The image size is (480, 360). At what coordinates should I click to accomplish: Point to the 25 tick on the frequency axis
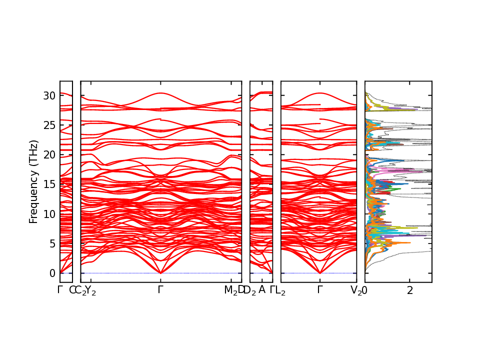49,124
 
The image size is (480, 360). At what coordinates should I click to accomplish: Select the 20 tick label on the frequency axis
49,154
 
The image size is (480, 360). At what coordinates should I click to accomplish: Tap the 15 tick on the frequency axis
49,184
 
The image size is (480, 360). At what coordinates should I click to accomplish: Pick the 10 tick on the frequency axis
49,214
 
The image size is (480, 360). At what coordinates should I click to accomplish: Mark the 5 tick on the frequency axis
51,243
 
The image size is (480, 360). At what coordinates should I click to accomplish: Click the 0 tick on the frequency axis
51,273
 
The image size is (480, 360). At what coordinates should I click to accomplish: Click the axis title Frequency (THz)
33,181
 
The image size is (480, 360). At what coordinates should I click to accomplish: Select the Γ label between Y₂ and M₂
160,290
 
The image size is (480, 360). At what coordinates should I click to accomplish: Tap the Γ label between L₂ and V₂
320,290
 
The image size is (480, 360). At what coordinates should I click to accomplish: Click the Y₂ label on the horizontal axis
90,290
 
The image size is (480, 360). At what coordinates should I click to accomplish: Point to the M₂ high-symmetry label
230,290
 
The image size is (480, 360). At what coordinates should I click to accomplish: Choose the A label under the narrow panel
261,290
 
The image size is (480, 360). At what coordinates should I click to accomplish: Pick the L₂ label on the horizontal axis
280,290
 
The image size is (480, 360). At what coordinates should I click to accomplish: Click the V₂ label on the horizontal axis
356,290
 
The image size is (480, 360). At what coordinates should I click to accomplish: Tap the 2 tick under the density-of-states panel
409,290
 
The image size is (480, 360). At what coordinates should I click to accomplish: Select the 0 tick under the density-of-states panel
364,290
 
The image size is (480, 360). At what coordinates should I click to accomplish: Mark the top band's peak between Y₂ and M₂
160,93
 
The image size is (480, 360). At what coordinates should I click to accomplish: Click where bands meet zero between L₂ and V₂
320,273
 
